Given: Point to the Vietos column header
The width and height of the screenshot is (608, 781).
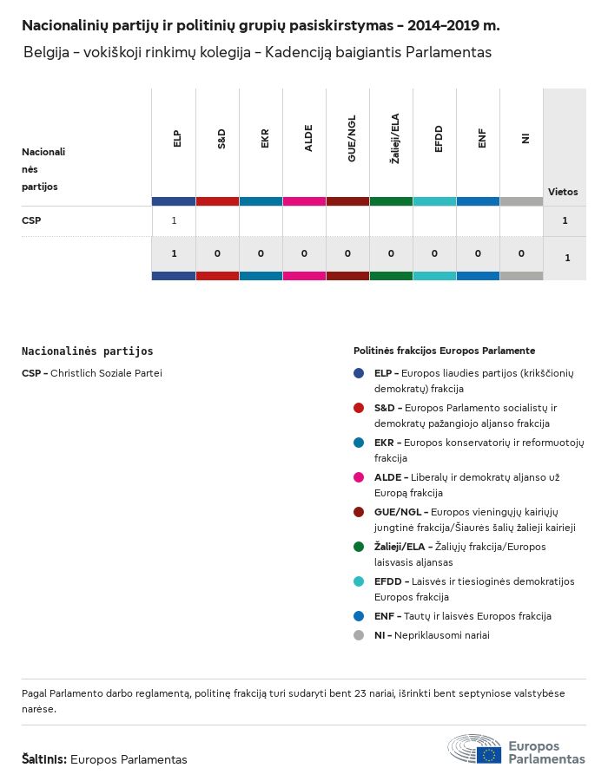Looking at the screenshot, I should pyautogui.click(x=563, y=192).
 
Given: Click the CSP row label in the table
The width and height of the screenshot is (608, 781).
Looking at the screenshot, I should pyautogui.click(x=31, y=220).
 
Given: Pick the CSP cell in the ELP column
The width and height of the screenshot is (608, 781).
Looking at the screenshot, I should pyautogui.click(x=174, y=220).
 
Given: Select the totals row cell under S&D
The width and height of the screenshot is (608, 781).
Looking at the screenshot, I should pyautogui.click(x=217, y=253).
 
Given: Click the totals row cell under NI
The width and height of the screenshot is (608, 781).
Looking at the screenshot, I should pyautogui.click(x=521, y=253).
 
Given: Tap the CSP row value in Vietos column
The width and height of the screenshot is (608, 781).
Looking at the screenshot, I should pyautogui.click(x=565, y=220).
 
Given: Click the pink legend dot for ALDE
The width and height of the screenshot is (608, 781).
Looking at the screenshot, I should pyautogui.click(x=359, y=477).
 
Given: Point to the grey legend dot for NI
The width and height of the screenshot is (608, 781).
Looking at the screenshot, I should pyautogui.click(x=359, y=635).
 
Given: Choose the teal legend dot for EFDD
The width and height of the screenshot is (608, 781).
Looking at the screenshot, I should pyautogui.click(x=359, y=581).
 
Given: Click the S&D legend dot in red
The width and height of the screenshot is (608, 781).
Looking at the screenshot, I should pyautogui.click(x=359, y=408).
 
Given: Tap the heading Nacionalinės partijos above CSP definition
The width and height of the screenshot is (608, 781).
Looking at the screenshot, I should pyautogui.click(x=87, y=351).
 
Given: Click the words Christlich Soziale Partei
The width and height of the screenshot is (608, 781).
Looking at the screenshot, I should pyautogui.click(x=106, y=373).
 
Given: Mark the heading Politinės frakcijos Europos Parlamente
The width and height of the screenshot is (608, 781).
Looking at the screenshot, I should pyautogui.click(x=444, y=351).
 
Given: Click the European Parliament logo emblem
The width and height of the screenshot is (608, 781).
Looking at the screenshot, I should pyautogui.click(x=475, y=749).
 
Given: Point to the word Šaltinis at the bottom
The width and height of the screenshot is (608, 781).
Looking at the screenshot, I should pyautogui.click(x=43, y=759).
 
